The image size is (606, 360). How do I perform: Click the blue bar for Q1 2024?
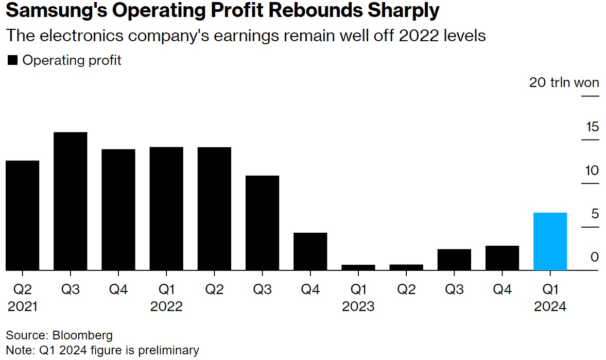click(x=550, y=241)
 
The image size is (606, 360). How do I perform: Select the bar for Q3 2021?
click(x=71, y=201)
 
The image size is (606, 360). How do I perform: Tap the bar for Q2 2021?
click(x=23, y=215)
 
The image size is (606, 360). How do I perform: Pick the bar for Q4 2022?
click(x=310, y=251)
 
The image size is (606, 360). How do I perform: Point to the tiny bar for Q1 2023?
click(x=358, y=267)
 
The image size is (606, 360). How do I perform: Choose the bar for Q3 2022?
click(x=262, y=222)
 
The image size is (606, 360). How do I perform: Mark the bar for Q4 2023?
click(x=502, y=258)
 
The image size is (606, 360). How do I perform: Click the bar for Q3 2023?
click(x=454, y=260)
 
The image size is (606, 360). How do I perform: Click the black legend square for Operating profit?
click(x=12, y=61)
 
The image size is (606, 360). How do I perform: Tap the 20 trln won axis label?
click(x=564, y=82)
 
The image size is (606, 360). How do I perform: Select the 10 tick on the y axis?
click(x=592, y=170)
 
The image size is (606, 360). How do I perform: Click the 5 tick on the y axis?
click(x=595, y=213)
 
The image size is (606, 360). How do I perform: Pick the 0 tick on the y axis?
click(x=595, y=256)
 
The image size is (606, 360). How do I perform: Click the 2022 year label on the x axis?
click(x=166, y=307)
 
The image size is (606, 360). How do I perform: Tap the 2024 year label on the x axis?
click(x=550, y=307)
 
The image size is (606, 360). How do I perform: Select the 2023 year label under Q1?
click(x=358, y=307)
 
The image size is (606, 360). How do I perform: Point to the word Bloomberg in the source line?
click(x=82, y=336)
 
